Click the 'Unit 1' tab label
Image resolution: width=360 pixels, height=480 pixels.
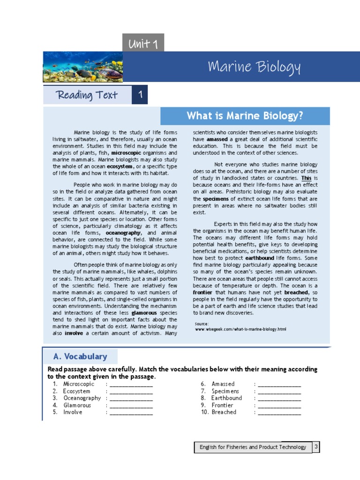[143, 44]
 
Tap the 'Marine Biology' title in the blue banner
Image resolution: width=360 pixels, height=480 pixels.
[254, 67]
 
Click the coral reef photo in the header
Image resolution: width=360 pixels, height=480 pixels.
[82, 67]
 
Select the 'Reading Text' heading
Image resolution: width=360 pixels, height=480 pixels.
[87, 95]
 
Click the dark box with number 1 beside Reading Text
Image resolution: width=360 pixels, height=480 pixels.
[140, 95]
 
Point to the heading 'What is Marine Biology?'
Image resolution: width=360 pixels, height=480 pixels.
[245, 116]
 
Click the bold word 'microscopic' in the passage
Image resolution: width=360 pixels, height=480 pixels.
[126, 153]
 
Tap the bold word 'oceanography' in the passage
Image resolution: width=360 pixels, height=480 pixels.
[123, 233]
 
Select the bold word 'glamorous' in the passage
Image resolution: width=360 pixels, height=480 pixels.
[144, 312]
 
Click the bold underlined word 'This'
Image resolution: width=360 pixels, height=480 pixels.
[306, 178]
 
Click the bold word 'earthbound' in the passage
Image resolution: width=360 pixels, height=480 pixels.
[260, 258]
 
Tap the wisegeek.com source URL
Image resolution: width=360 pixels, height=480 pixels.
[240, 329]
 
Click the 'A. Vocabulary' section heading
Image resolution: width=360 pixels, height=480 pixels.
[80, 357]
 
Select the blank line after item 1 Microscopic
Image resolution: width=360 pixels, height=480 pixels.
[131, 384]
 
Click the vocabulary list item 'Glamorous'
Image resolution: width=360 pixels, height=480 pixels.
[77, 405]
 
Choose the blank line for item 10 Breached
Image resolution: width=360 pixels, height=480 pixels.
[279, 412]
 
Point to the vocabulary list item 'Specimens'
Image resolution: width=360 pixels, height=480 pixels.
[225, 391]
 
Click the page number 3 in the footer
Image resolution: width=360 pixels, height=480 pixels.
[317, 447]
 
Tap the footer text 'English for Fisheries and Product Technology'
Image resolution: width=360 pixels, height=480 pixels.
[253, 447]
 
